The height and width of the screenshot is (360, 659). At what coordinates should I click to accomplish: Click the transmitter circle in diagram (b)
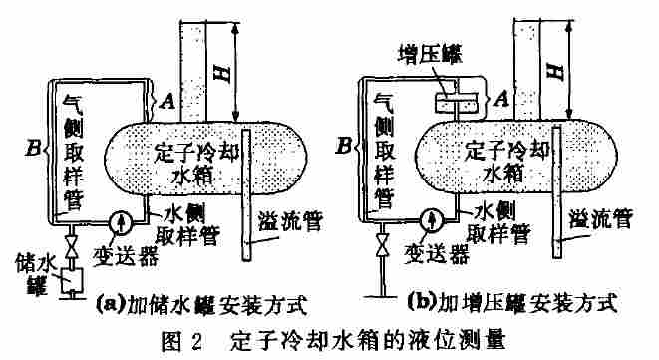(x=432, y=217)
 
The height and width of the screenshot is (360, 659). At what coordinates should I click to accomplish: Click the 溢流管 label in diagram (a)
(x=287, y=219)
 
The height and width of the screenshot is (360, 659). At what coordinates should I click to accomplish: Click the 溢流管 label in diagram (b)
(x=601, y=218)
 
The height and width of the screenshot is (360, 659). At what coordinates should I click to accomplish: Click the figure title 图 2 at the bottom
(x=185, y=339)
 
